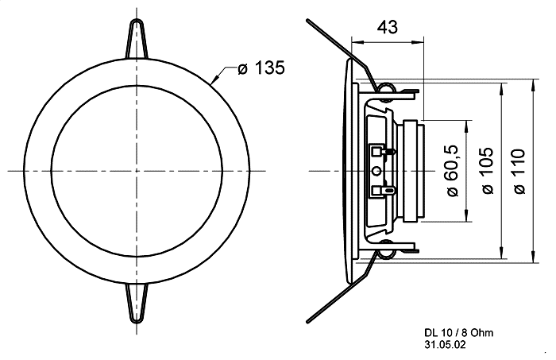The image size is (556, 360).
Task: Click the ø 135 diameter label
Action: coord(261,68)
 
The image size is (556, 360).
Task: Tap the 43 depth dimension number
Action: coord(388,27)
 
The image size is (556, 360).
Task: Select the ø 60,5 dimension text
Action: coord(453,171)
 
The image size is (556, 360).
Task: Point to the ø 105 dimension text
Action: coord(488,171)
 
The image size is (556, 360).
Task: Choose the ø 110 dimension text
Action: coord(519,172)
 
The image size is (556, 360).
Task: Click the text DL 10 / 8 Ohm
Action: coord(459,333)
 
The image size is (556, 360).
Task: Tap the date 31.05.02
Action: coord(445,344)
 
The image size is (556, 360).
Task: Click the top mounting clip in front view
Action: coord(136,38)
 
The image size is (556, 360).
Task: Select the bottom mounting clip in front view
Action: coord(137,304)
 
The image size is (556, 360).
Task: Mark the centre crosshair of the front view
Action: coord(137,171)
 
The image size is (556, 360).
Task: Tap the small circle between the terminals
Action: coord(377,172)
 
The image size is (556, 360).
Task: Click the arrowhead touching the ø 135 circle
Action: coord(215,79)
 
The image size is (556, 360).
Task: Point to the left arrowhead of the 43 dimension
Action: coord(357,43)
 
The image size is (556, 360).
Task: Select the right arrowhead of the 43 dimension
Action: coord(418,43)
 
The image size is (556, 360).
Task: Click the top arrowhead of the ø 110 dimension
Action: coord(533,85)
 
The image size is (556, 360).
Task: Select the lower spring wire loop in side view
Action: coord(385,254)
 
